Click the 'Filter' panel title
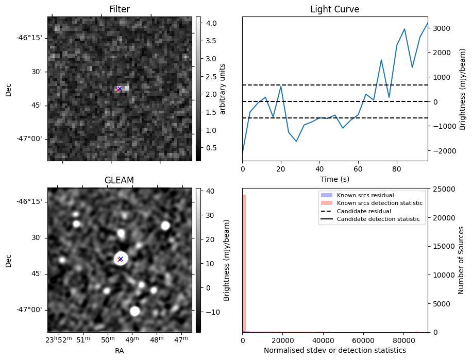coord(120,9)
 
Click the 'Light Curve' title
coord(334,9)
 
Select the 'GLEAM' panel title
coord(119,180)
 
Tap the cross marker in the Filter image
coord(120,89)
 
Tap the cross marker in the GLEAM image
coord(120,259)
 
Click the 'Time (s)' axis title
coord(334,178)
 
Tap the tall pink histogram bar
coord(244,263)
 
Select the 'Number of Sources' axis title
coord(461,260)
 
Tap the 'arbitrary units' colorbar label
coord(222,89)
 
